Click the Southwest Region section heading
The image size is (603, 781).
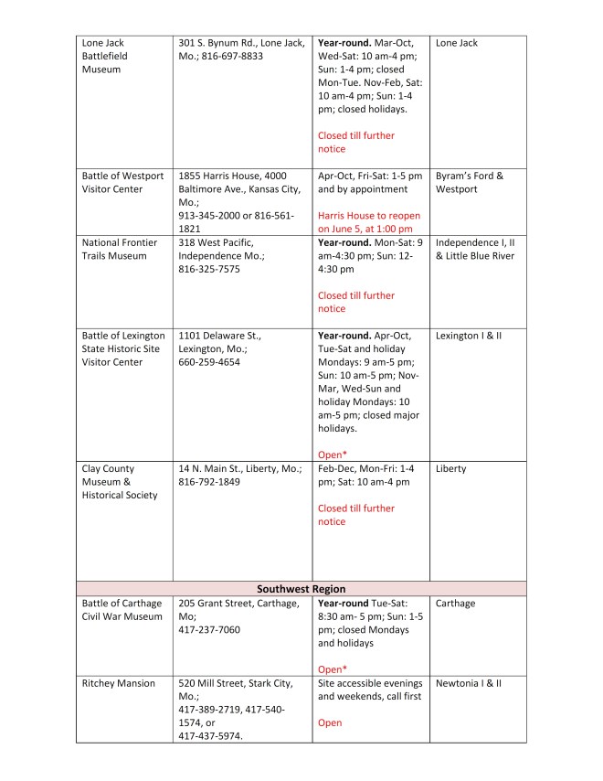pyautogui.click(x=301, y=588)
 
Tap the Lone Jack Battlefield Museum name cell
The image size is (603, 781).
pyautogui.click(x=104, y=56)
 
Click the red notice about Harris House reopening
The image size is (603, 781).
pyautogui.click(x=365, y=222)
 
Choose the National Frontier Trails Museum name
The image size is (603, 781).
pyautogui.click(x=120, y=249)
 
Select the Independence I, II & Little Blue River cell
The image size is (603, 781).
pyautogui.click(x=475, y=249)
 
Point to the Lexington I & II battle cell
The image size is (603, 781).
pyautogui.click(x=469, y=336)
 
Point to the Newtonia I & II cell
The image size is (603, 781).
pyautogui.click(x=469, y=683)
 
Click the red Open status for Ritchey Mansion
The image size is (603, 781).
pyautogui.click(x=330, y=722)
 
